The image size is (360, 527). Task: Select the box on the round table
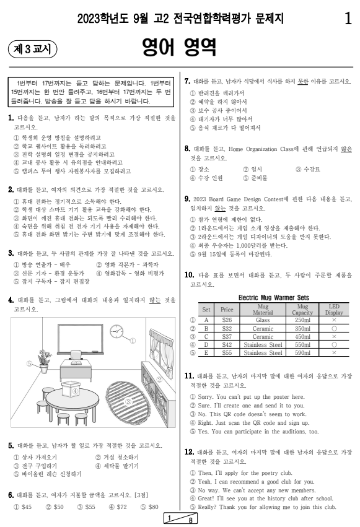click(x=74, y=390)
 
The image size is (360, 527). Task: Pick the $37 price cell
click(x=226, y=338)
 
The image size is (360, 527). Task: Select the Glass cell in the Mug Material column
click(x=263, y=320)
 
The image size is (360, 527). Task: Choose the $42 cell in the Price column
click(x=226, y=346)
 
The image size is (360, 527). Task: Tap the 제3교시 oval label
click(x=32, y=48)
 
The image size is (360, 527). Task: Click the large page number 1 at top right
click(x=348, y=19)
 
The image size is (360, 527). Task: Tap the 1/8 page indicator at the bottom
click(x=180, y=519)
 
